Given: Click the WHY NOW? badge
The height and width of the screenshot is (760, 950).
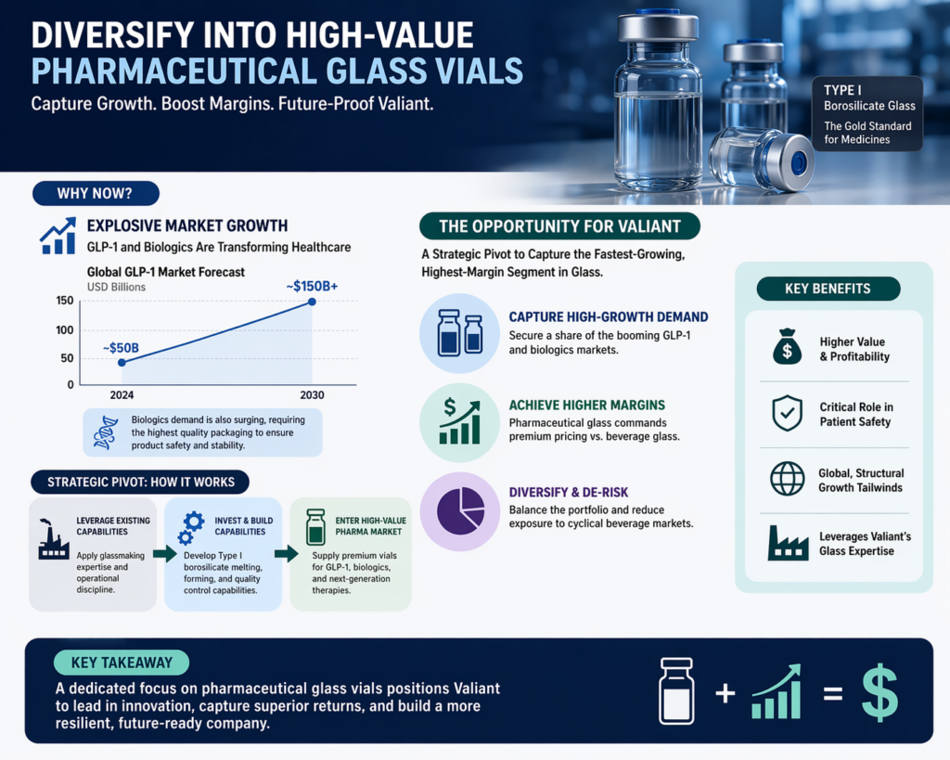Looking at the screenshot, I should tap(96, 194).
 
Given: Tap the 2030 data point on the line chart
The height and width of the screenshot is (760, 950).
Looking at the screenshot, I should tap(312, 302).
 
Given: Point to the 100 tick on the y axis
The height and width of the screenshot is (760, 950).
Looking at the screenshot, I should tap(64, 329).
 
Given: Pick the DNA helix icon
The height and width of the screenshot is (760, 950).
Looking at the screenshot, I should tap(106, 432).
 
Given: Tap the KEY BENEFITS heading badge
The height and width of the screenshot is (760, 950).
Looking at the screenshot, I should tap(828, 289).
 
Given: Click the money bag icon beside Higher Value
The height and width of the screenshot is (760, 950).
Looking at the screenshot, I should tap(787, 348).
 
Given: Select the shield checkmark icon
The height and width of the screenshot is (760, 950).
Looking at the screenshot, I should tap(787, 413).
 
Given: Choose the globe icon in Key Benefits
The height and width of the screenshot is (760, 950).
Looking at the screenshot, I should tap(787, 479).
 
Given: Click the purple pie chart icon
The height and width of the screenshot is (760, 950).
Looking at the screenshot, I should tap(461, 508).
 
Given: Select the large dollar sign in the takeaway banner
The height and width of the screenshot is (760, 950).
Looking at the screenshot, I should tap(879, 691).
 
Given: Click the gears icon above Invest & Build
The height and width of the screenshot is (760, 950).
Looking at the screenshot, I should tap(190, 527).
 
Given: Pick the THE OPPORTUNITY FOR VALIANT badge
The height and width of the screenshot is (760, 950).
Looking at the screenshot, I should tap(559, 226).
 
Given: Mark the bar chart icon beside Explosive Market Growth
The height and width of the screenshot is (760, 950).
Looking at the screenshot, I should tap(58, 236).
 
